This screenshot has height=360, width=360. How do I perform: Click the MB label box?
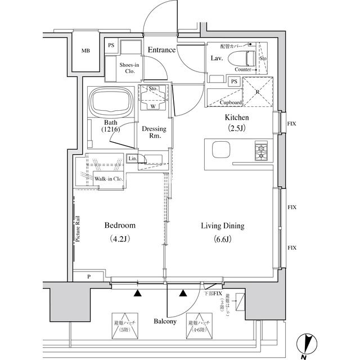85,51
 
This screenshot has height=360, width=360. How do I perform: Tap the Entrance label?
161,50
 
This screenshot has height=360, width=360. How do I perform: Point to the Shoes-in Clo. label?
129,68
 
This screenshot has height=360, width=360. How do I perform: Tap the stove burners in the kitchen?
262,151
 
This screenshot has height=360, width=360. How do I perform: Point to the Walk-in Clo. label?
109,179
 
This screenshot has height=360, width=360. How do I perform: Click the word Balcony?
165,322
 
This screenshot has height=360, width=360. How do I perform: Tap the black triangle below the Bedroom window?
137,292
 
